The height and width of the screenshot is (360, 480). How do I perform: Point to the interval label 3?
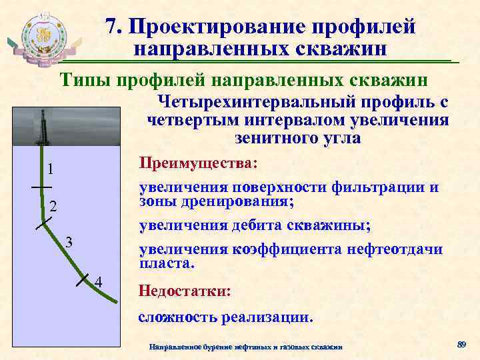click(x=69, y=241)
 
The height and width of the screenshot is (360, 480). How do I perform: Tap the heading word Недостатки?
click(x=183, y=291)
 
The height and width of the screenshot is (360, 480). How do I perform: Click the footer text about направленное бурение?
click(x=246, y=347)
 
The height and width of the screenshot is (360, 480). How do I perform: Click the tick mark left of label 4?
click(x=83, y=279)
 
